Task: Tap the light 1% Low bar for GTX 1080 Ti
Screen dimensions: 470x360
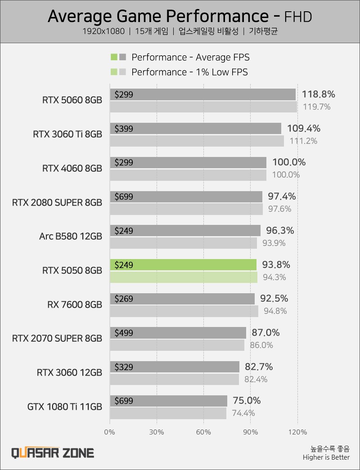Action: [x=168, y=413]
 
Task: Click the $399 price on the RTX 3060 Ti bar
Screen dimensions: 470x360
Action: [x=124, y=129]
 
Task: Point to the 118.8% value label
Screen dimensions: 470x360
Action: [x=319, y=94]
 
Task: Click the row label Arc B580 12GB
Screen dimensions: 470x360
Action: [x=71, y=236]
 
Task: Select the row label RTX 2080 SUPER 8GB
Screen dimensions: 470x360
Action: [x=57, y=202]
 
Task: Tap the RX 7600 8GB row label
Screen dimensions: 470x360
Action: [x=75, y=304]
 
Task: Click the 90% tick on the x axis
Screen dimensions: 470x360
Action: [x=250, y=432]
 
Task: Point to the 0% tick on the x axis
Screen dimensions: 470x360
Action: [x=110, y=432]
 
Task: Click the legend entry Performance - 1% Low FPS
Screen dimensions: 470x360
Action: [x=189, y=72]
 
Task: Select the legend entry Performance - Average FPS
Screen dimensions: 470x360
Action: [x=190, y=57]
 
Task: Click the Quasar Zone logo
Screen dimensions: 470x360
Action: [x=53, y=452]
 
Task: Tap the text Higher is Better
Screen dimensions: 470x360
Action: [x=326, y=458]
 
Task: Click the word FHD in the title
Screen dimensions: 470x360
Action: [x=298, y=17]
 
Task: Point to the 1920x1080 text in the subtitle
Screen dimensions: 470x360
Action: [x=103, y=31]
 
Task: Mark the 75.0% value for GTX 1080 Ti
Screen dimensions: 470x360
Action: [x=247, y=401]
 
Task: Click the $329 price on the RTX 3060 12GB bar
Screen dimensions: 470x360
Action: [x=124, y=367]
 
